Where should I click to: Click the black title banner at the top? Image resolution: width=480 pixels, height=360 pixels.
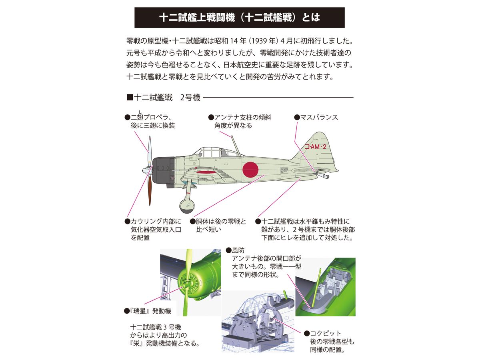(239, 18)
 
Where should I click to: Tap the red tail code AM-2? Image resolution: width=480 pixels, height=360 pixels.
(316, 147)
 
